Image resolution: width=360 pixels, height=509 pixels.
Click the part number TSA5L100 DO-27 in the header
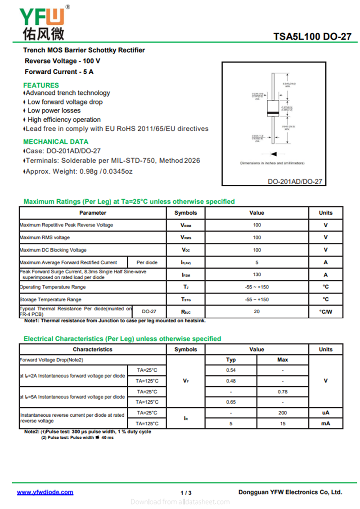(x=312, y=36)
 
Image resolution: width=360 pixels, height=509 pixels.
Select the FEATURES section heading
(x=41, y=85)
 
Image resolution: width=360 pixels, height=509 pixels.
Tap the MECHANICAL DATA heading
(x=56, y=141)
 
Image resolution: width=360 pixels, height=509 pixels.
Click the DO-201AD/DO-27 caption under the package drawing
(x=295, y=182)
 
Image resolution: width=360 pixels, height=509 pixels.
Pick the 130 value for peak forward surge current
(x=256, y=275)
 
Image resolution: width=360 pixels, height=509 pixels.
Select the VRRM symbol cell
(x=185, y=225)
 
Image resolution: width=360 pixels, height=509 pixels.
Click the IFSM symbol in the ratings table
(x=185, y=275)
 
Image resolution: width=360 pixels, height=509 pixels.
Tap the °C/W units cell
(x=325, y=311)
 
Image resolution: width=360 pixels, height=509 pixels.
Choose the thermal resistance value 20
(x=256, y=311)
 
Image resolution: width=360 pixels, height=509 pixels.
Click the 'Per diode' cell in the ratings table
(x=147, y=262)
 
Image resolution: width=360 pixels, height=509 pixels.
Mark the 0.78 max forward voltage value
(x=283, y=392)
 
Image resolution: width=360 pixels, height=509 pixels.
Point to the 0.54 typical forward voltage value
(x=231, y=370)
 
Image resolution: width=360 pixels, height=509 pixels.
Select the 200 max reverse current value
(x=283, y=413)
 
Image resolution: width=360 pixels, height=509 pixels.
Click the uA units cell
(x=325, y=413)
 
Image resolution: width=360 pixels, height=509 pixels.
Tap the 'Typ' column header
(x=231, y=360)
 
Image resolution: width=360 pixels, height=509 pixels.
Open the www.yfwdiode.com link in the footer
(x=45, y=492)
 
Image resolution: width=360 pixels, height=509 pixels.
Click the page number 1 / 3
(x=186, y=493)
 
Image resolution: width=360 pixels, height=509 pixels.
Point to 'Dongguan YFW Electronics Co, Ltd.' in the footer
(x=290, y=492)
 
